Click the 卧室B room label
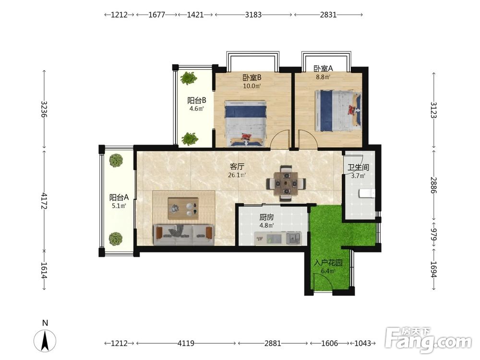pos(252,78)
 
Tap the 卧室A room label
pos(323,69)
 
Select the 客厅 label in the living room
pos(237,167)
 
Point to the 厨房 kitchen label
pos(266,217)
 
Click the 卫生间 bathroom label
pos(358,168)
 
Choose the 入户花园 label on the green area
pos(328,263)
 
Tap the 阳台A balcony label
pos(119,197)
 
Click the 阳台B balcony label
pos(196,100)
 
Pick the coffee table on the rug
pos(183,208)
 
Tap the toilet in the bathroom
pos(366,193)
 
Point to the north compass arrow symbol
pos(45,341)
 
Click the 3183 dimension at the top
pos(253,14)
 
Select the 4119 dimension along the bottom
pos(186,343)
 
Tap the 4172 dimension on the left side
pos(44,201)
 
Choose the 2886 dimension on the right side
pos(433,185)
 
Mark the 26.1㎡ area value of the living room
pos(237,175)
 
